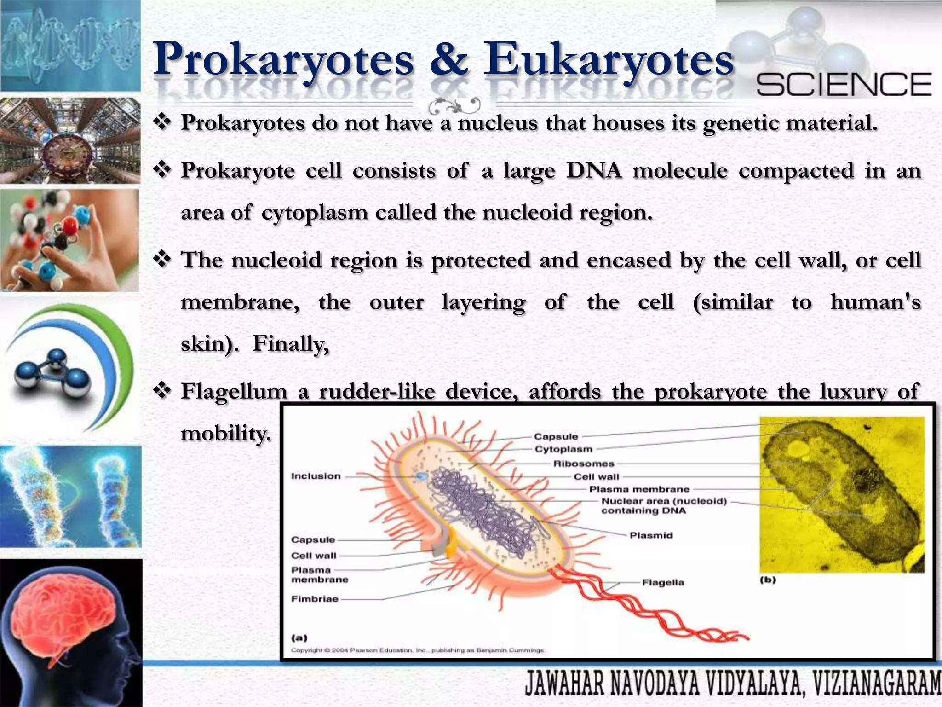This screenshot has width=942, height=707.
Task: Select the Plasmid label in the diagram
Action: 651,535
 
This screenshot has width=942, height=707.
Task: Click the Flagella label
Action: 663,583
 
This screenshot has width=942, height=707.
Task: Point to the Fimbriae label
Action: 315,599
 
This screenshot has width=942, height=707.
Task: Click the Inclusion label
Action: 316,476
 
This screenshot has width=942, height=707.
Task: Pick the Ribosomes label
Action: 584,464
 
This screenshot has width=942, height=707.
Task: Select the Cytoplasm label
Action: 563,449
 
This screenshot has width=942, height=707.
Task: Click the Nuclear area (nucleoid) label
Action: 664,501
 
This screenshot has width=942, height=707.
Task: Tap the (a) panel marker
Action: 299,638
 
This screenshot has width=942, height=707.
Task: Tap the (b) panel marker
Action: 768,580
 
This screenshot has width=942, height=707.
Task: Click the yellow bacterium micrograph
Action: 841,494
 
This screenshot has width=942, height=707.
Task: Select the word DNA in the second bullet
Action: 594,171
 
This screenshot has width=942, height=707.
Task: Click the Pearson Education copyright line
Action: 418,650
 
